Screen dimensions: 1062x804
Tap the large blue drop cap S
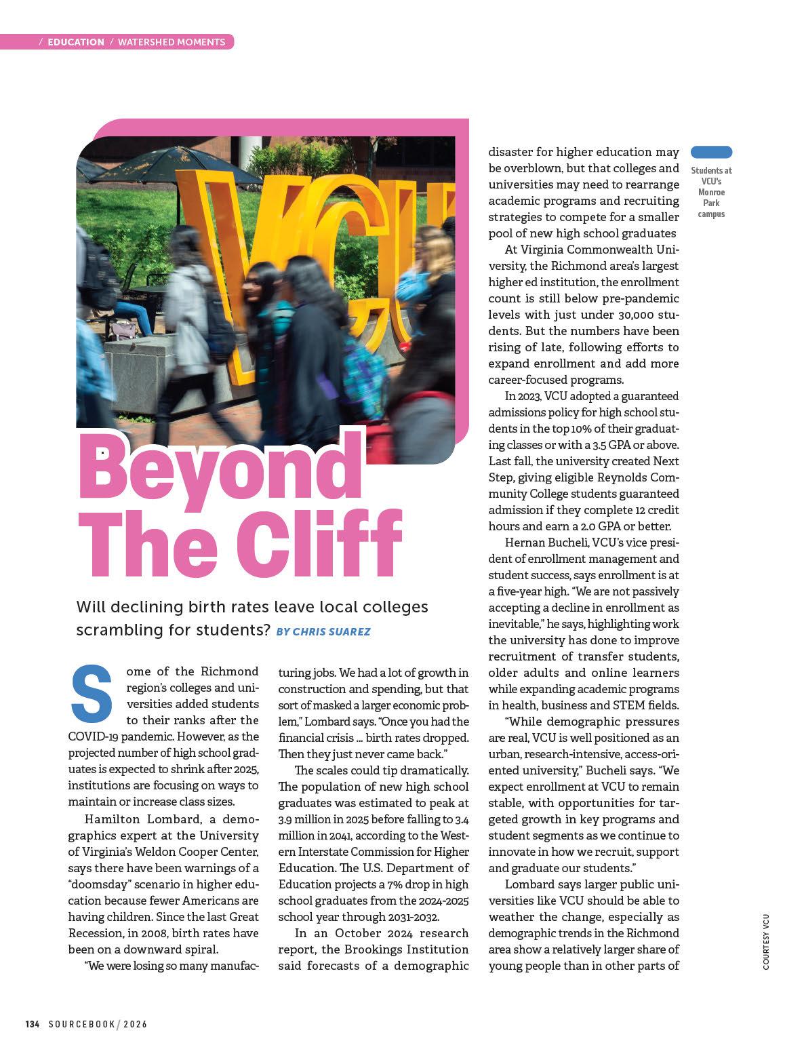point(91,693)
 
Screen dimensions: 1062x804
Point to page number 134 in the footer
point(33,1023)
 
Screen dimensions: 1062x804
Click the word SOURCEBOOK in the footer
point(81,1023)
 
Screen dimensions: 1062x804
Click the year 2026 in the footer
point(135,1023)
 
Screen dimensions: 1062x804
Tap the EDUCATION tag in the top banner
point(76,42)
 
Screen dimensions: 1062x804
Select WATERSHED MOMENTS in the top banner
point(172,42)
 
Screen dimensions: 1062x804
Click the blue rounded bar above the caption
point(711,152)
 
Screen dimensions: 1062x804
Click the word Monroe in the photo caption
point(712,192)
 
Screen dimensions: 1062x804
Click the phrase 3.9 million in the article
point(306,819)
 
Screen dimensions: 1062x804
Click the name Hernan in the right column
point(527,543)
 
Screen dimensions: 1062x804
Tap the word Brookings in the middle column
point(382,949)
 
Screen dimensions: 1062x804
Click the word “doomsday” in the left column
point(95,884)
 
